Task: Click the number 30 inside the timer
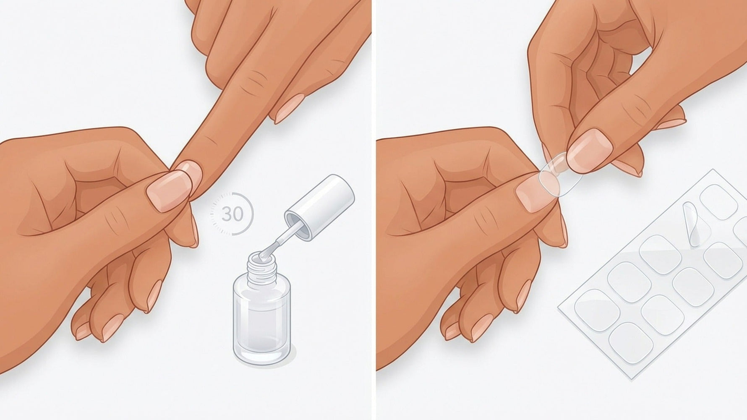[x=232, y=214]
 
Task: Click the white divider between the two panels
[x=373, y=210]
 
